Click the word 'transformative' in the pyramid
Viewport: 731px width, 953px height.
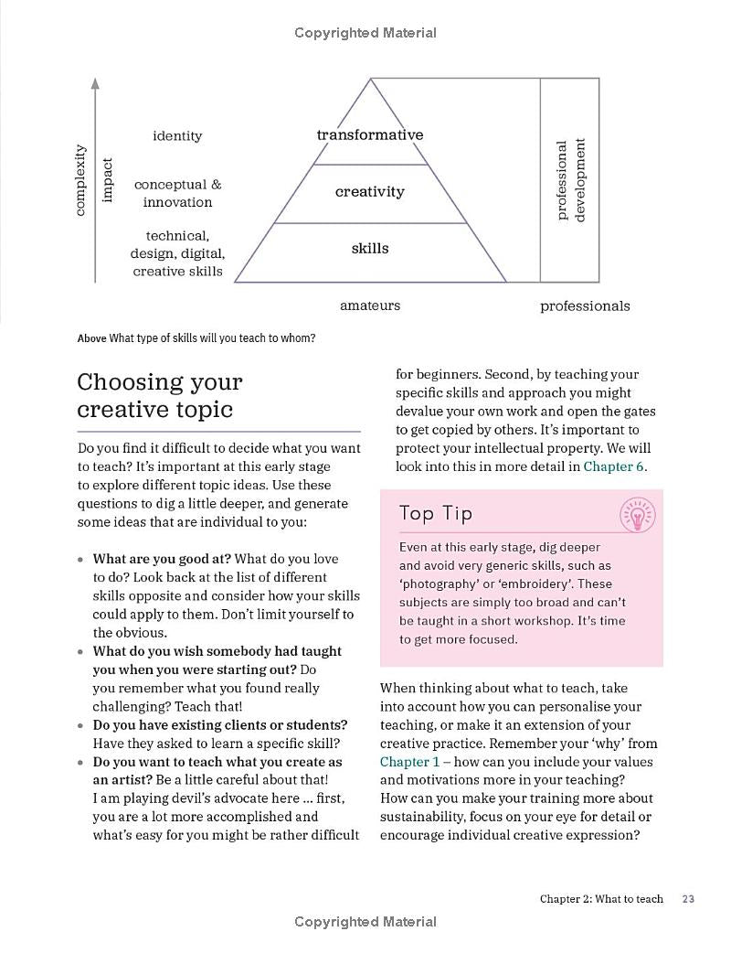click(x=370, y=134)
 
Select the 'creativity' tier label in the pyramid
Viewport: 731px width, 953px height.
click(x=370, y=191)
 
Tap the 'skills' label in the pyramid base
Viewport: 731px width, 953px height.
click(x=370, y=248)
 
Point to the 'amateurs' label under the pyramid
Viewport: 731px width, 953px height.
click(x=370, y=305)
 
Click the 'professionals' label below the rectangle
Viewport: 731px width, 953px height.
click(x=585, y=305)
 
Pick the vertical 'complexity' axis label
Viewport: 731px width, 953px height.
click(x=80, y=179)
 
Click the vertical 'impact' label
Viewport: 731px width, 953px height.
click(x=108, y=180)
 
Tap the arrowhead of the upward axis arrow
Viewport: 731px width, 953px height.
click(x=95, y=83)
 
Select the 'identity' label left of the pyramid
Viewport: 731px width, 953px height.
click(x=177, y=135)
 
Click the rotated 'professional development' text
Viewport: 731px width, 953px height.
click(x=571, y=179)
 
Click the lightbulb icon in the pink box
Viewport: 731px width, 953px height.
click(x=637, y=516)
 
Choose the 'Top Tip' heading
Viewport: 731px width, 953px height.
click(x=436, y=513)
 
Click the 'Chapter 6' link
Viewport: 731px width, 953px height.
click(x=613, y=466)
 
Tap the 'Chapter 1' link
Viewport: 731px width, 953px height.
click(x=409, y=762)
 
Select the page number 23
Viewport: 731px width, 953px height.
click(x=689, y=899)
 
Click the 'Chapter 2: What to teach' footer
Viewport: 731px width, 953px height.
click(x=601, y=899)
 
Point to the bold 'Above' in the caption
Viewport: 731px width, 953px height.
click(x=91, y=338)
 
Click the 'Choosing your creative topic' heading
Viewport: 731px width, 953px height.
click(x=160, y=395)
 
